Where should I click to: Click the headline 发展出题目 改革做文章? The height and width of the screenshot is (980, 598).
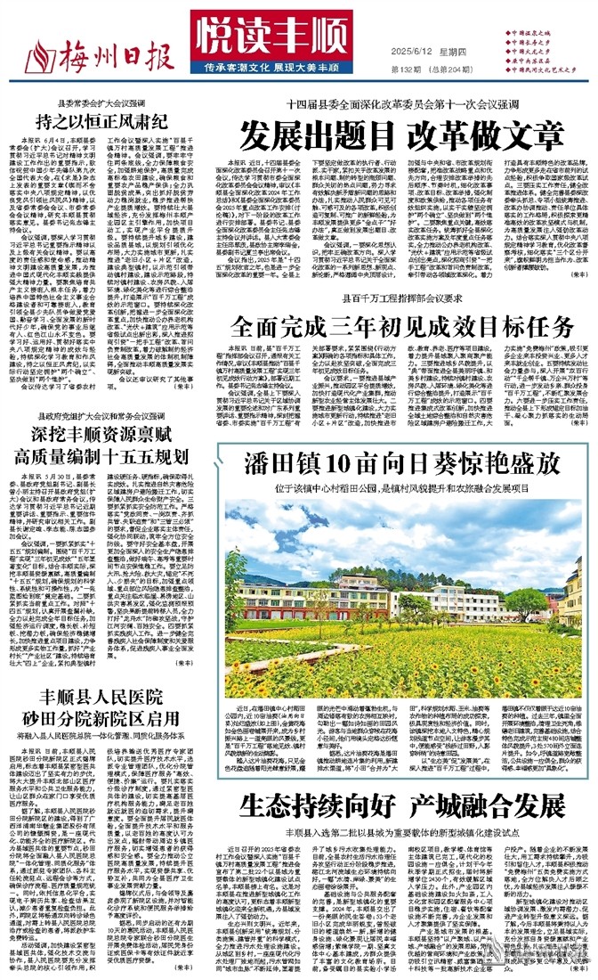pos(404,135)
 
